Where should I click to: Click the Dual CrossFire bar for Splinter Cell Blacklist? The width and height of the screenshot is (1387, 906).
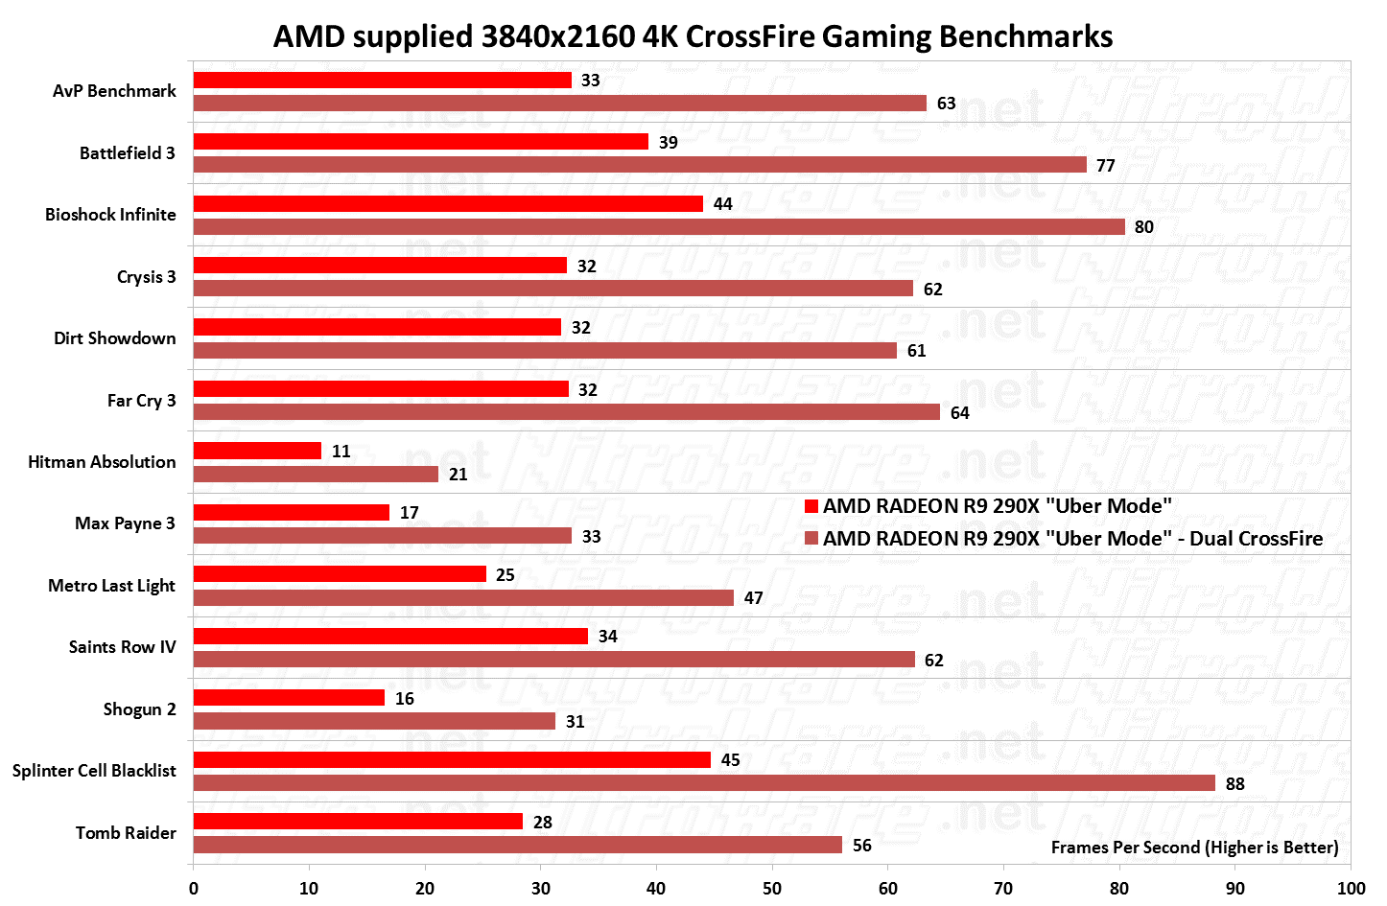[x=704, y=783]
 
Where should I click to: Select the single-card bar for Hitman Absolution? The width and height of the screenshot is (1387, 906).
[x=257, y=451]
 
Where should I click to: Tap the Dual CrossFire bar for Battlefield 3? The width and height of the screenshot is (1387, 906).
[x=640, y=165]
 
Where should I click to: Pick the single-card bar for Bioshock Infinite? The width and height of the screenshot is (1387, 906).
[x=448, y=203]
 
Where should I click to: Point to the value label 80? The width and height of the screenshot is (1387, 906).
[x=1144, y=227]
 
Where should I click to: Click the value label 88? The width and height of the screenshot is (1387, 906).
[x=1235, y=784]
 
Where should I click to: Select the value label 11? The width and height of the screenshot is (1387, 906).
[x=341, y=452]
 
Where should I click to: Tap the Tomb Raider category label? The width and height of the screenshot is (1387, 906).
[x=126, y=833]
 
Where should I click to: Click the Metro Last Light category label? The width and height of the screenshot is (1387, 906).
[x=111, y=586]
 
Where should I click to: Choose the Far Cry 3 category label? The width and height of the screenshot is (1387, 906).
[x=141, y=401]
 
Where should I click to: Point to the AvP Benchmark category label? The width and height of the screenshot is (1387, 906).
[x=114, y=91]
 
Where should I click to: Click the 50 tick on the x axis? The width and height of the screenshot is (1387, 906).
[x=772, y=888]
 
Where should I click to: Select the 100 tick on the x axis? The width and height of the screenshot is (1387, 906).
[x=1351, y=888]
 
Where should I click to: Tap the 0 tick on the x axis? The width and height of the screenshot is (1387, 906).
[x=194, y=888]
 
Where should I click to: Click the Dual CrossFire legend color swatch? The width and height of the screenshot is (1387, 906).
[x=811, y=539]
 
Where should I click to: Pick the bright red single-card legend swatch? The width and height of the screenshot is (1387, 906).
[x=811, y=506]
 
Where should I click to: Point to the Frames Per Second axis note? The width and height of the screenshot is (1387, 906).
[x=1194, y=848]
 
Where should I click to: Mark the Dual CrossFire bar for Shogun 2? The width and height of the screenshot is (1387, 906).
[x=374, y=721]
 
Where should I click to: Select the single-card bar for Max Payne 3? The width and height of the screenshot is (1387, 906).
[x=292, y=512]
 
